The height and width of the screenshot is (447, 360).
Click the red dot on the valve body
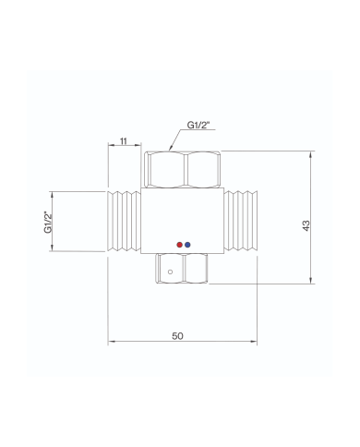pyautogui.click(x=180, y=245)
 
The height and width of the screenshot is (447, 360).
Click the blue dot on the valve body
pyautogui.click(x=187, y=245)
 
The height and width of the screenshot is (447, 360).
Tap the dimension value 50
pyautogui.click(x=177, y=336)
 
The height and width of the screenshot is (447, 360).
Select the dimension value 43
pyautogui.click(x=306, y=225)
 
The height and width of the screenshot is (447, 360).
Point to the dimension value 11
pyautogui.click(x=124, y=141)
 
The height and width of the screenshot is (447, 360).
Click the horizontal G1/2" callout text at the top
pyautogui.click(x=198, y=125)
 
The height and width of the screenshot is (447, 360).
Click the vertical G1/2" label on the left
pyautogui.click(x=49, y=222)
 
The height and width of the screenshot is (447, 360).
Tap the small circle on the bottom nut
pyautogui.click(x=170, y=272)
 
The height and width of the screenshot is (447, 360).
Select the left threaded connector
pyautogui.click(x=124, y=222)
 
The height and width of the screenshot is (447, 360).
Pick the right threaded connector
pyautogui.click(x=241, y=222)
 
